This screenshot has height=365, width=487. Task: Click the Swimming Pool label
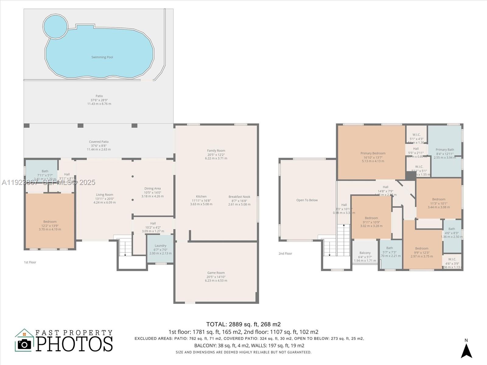(102, 57)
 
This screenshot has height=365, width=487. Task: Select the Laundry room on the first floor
(160, 249)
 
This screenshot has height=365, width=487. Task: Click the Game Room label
(216, 273)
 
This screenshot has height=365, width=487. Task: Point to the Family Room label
(216, 151)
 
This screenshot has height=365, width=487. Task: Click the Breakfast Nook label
(239, 197)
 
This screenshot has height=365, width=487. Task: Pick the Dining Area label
(152, 189)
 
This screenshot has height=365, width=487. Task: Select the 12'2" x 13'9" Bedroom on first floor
(50, 222)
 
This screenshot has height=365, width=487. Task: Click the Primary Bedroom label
(373, 153)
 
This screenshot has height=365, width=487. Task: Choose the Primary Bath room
(445, 150)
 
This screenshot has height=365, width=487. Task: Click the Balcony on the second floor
(365, 253)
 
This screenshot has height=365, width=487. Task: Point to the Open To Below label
(307, 200)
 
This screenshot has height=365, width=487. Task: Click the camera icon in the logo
(24, 344)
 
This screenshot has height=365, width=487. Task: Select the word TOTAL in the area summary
(216, 324)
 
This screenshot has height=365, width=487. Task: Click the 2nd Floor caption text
(285, 253)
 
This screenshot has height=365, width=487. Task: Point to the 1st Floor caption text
(30, 262)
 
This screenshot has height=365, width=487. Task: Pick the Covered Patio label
(99, 142)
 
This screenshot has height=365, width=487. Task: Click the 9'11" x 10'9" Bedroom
(371, 218)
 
